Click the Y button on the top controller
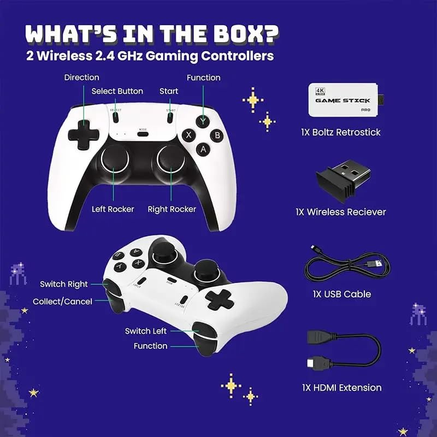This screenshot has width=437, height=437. click(203, 121)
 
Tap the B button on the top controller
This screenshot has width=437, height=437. click(217, 135)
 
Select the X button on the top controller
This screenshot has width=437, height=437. click(188, 135)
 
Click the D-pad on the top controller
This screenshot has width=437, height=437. click(84, 135)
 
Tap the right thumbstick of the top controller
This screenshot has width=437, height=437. click(170, 159)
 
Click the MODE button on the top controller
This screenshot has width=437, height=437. click(143, 134)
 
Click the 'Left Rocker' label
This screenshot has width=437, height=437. click(113, 209)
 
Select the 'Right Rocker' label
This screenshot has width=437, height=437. click(172, 209)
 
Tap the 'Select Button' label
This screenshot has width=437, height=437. click(117, 91)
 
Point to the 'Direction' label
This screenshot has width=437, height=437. click(81, 77)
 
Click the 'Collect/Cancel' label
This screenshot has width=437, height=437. click(62, 302)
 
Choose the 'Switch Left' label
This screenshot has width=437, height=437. click(146, 331)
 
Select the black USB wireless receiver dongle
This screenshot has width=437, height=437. click(344, 180)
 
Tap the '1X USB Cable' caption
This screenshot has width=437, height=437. click(342, 294)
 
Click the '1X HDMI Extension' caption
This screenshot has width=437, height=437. click(342, 388)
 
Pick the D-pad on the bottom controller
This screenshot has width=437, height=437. click(220, 299)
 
